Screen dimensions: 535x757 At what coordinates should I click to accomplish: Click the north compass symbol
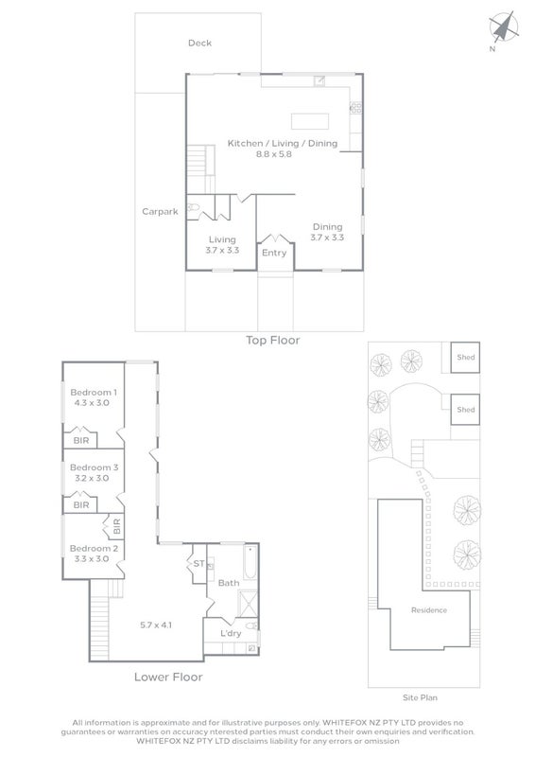click(x=504, y=27)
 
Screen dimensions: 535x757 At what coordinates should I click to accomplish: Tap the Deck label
click(x=199, y=43)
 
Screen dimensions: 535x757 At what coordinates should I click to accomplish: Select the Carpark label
click(x=160, y=211)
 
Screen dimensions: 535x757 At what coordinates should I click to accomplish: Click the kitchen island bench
click(x=310, y=121)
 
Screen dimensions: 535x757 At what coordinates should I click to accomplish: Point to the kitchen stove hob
click(x=355, y=108)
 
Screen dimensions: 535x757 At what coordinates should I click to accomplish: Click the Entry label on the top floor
click(x=274, y=253)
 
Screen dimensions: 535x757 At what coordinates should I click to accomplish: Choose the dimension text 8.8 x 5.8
click(x=274, y=154)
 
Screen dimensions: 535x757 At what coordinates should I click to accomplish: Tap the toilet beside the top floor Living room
click(x=193, y=207)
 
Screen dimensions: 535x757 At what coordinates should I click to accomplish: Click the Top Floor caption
click(x=273, y=341)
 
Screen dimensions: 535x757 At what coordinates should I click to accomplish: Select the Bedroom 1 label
click(x=94, y=393)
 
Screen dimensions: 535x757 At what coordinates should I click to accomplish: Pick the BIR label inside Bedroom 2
click(x=117, y=526)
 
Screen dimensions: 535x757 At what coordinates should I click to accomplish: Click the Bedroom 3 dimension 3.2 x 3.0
click(x=92, y=479)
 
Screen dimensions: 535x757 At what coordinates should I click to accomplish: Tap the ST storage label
click(x=198, y=563)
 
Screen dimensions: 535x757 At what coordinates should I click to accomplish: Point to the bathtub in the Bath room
click(x=250, y=562)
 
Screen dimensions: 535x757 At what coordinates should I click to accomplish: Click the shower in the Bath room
click(x=248, y=603)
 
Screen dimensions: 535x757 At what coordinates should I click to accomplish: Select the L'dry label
click(x=231, y=633)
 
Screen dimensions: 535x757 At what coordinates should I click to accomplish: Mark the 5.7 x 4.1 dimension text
click(x=156, y=625)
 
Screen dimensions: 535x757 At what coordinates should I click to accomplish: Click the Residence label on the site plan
click(x=429, y=610)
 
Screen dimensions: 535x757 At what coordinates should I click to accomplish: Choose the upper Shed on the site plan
click(x=466, y=358)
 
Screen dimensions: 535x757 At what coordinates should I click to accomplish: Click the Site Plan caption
click(x=421, y=697)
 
